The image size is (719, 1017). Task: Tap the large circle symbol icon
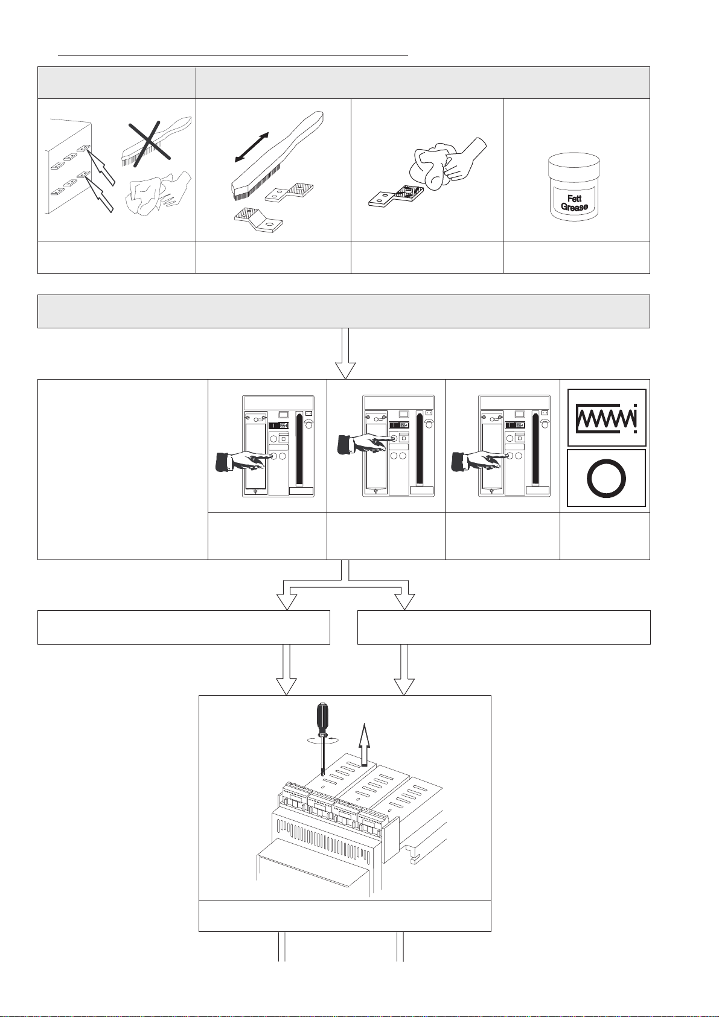click(607, 478)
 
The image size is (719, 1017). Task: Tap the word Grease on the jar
click(574, 207)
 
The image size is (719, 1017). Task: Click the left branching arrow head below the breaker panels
click(287, 601)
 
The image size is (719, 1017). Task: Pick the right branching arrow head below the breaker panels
click(404, 601)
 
